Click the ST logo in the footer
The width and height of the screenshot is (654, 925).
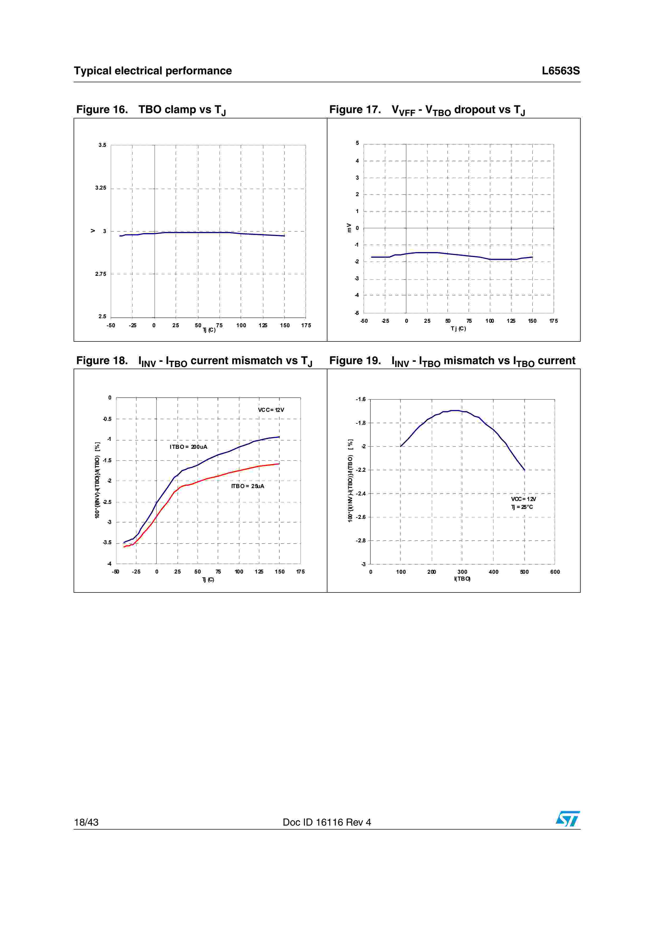[x=567, y=819]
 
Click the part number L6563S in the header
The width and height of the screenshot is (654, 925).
[x=561, y=71]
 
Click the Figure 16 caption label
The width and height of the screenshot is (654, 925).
[x=102, y=110]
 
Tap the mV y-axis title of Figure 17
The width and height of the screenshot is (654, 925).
[x=349, y=228]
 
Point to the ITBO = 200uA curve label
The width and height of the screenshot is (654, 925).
[x=188, y=447]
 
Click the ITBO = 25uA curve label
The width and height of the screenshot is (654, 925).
[x=247, y=486]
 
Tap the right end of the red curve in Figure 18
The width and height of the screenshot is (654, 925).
[x=279, y=464]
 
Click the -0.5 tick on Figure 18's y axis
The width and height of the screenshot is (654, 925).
[x=107, y=419]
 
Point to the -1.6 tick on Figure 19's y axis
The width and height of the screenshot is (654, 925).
[x=361, y=399]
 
